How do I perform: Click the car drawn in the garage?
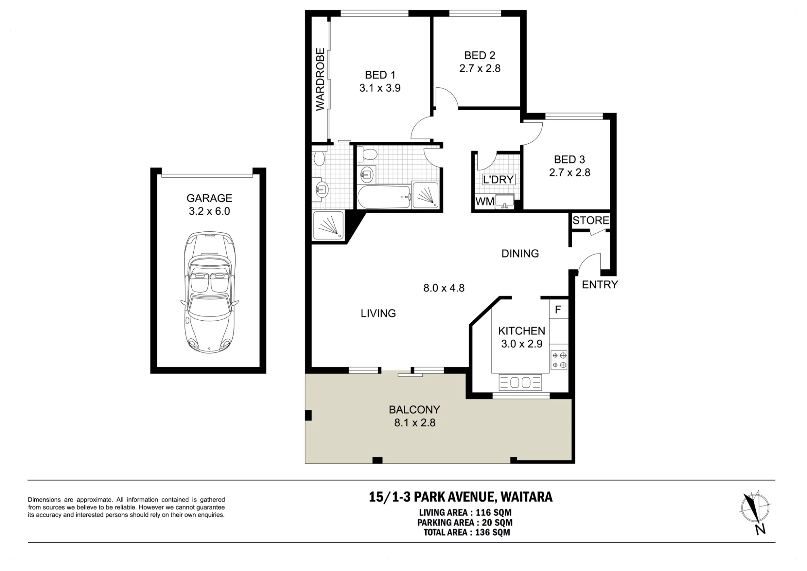[x=209, y=293]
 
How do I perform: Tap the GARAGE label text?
[x=209, y=198]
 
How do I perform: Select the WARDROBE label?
[x=320, y=79]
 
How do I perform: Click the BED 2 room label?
[x=480, y=55]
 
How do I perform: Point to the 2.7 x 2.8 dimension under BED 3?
[x=569, y=173]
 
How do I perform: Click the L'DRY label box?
[x=498, y=179]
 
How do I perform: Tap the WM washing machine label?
[x=485, y=201]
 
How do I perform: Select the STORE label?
[x=591, y=220]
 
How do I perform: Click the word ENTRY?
[x=600, y=285]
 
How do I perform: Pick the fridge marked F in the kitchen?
[x=558, y=309]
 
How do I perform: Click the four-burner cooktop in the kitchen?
[x=559, y=360]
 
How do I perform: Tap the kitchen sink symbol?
[x=520, y=382]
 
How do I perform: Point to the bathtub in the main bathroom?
[x=384, y=197]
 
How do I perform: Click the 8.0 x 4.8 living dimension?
[x=444, y=288]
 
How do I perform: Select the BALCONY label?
[x=414, y=409]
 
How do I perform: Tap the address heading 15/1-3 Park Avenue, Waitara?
[x=460, y=497]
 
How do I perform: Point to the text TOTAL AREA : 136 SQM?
[x=466, y=532]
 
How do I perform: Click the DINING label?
[x=520, y=254]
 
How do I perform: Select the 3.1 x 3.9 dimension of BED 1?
[x=380, y=88]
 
